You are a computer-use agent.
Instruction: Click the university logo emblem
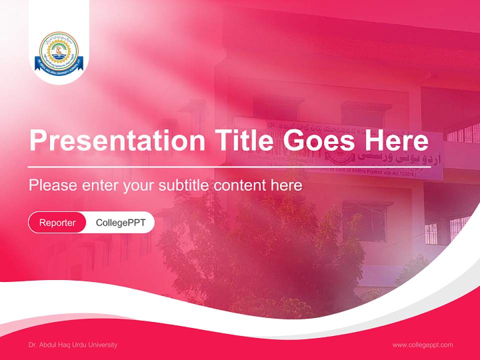(59, 50)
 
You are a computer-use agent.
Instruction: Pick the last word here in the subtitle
(286, 185)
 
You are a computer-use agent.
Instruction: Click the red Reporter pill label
(57, 222)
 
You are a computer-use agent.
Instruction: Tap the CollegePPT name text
(120, 222)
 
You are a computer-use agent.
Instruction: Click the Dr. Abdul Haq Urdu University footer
(73, 344)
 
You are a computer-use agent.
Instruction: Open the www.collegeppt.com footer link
(422, 344)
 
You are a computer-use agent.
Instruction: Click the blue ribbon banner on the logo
(59, 63)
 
